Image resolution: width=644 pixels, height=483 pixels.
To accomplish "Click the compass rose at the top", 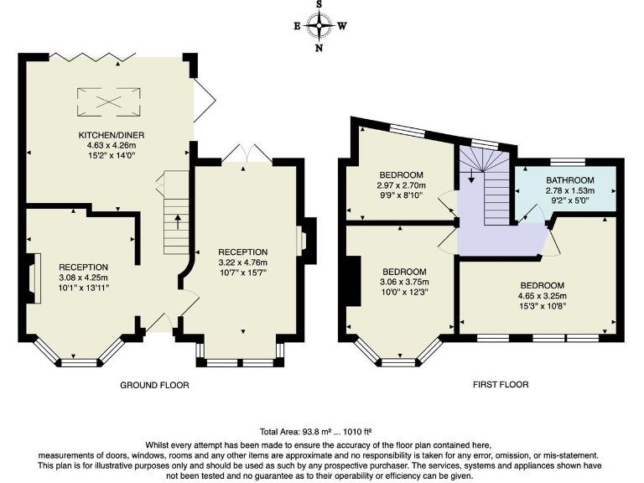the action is [x=319, y=25].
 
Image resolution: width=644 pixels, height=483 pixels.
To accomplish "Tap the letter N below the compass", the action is [x=319, y=48].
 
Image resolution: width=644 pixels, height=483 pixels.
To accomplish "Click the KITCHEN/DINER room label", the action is [x=112, y=135].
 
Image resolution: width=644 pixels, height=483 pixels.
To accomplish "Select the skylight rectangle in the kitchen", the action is [x=109, y=101].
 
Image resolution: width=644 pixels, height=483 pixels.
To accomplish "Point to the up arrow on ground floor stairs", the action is [x=178, y=221].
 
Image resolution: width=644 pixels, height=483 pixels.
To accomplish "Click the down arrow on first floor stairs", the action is [x=471, y=175].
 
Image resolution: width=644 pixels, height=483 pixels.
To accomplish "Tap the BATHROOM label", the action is [x=569, y=180].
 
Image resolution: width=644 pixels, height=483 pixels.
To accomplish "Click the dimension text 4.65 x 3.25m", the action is [x=543, y=296].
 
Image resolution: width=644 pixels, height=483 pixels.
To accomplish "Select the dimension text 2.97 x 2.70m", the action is [x=401, y=185].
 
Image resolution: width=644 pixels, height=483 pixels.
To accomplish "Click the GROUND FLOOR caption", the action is [x=154, y=385].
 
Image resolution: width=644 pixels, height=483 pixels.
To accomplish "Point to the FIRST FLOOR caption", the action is [x=501, y=385].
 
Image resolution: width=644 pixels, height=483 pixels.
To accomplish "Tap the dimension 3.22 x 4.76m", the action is [x=242, y=262].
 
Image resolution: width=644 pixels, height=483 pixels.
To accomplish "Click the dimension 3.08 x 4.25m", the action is [x=83, y=278].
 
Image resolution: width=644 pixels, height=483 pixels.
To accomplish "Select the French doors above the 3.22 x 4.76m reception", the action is [x=247, y=154].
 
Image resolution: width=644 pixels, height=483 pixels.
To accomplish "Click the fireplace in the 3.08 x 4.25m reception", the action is [x=34, y=278].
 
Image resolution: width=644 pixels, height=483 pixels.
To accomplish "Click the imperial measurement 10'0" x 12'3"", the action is [x=404, y=292].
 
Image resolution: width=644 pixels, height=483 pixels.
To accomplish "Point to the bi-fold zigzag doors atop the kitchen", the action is [x=92, y=58].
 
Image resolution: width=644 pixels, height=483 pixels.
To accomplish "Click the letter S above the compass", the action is [x=319, y=4].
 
